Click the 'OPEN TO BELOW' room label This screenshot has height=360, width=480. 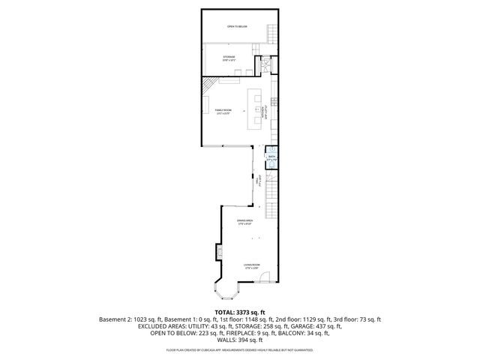[x=237, y=27]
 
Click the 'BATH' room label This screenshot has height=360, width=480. [x=272, y=158]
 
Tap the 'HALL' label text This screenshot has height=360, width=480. [x=259, y=180]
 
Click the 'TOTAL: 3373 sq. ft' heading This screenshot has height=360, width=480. [x=240, y=312]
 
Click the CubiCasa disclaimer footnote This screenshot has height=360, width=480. [x=240, y=350]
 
